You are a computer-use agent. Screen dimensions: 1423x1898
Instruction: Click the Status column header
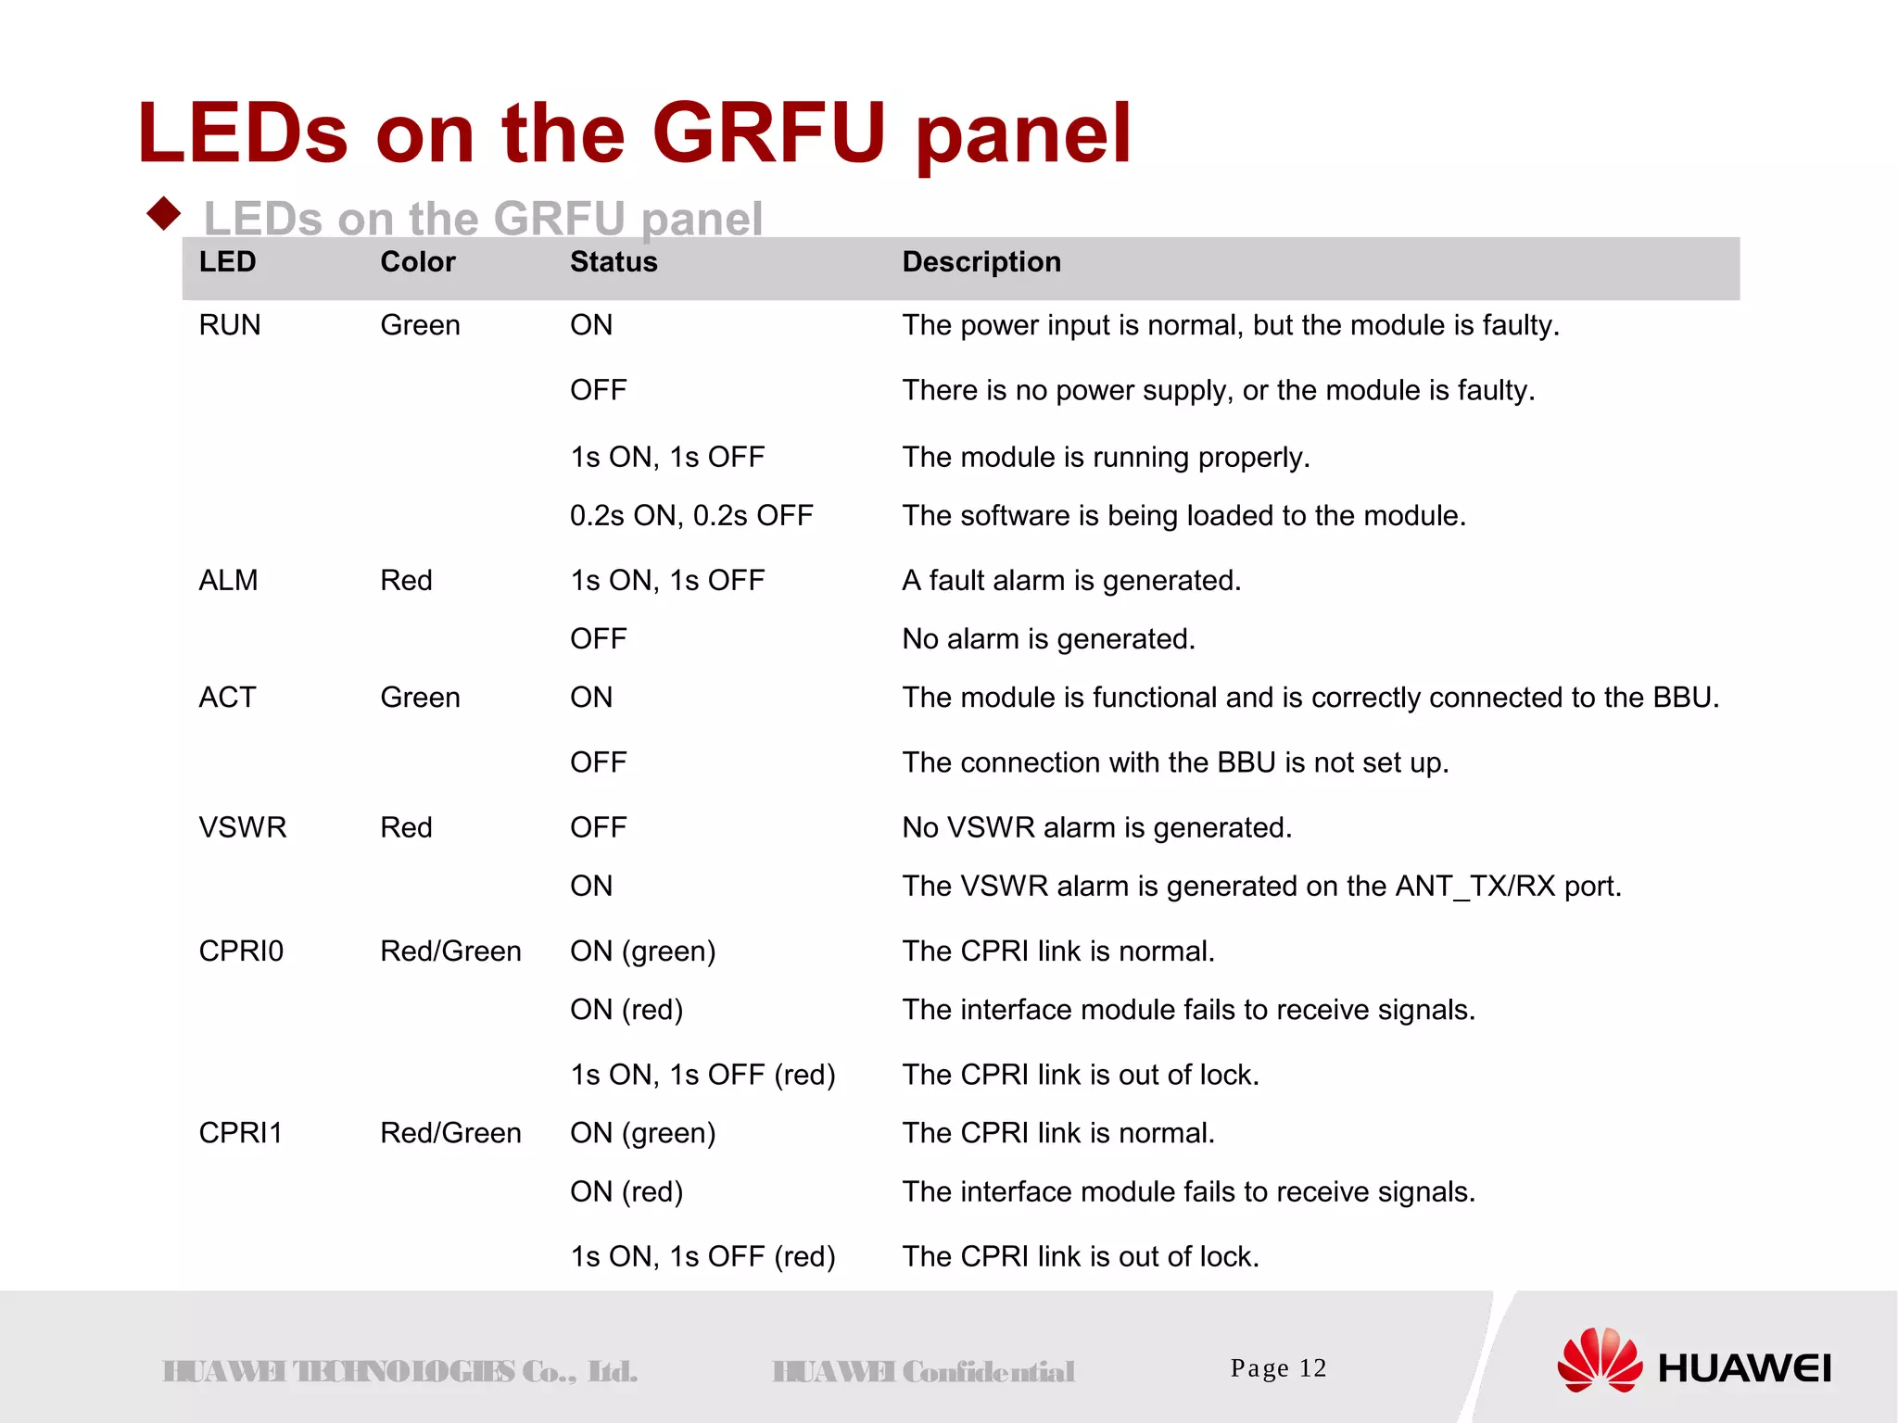click(x=614, y=262)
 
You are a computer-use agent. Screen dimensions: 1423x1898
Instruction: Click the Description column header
click(x=981, y=262)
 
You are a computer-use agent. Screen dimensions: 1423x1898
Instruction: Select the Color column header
click(x=418, y=262)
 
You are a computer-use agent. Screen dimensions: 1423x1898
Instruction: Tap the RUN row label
click(x=230, y=325)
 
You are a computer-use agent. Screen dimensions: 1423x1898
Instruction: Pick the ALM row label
click(x=228, y=581)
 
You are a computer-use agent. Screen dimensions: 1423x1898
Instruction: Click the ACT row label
click(x=227, y=698)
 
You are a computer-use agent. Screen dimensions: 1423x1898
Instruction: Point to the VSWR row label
click(x=243, y=827)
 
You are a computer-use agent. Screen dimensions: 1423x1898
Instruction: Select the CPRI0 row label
click(x=241, y=951)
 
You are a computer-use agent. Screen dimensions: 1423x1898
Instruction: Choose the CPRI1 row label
click(x=241, y=1133)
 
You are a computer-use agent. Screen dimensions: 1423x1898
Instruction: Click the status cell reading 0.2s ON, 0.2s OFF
click(x=691, y=516)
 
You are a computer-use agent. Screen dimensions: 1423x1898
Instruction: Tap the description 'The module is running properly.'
click(x=1106, y=458)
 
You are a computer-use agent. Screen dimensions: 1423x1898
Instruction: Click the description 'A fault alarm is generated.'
click(x=1071, y=581)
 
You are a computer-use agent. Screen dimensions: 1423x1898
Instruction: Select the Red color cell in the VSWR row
click(x=406, y=827)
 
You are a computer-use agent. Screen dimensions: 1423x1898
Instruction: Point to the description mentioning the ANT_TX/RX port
click(x=1261, y=887)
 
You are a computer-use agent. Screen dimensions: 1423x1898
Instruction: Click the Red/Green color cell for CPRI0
click(x=450, y=951)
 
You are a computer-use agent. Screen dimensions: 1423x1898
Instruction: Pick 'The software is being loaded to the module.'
click(x=1183, y=516)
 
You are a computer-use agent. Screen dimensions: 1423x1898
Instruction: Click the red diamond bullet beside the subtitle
click(x=164, y=214)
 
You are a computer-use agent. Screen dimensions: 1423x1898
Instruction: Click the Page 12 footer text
click(x=1278, y=1368)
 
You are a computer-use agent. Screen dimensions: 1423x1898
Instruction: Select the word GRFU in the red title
click(x=769, y=134)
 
